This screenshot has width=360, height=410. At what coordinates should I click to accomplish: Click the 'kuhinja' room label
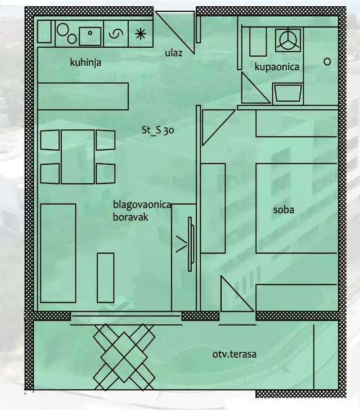[85, 63]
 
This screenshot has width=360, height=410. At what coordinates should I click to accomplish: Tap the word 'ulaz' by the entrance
[174, 53]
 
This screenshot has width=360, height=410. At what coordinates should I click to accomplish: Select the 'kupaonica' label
[277, 67]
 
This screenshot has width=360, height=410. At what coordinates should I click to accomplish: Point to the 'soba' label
[283, 210]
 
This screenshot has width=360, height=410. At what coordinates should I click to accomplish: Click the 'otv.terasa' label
[234, 354]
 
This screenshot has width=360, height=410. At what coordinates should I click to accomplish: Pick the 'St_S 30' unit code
[157, 130]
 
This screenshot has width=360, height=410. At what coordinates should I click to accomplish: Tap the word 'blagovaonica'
[142, 205]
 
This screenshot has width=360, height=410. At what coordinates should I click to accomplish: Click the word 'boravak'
[130, 217]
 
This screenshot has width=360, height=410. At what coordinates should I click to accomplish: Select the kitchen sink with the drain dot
[90, 36]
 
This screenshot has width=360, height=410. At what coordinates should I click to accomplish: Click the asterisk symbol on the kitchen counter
[141, 34]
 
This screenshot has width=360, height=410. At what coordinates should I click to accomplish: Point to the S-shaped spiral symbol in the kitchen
[115, 34]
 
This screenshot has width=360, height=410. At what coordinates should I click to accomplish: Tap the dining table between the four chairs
[78, 156]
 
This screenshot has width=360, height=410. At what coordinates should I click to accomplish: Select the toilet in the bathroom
[287, 93]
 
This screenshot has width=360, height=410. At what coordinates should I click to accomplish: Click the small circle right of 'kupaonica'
[327, 62]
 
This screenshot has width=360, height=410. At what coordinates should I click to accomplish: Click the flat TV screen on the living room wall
[190, 244]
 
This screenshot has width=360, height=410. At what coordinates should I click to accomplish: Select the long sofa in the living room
[58, 253]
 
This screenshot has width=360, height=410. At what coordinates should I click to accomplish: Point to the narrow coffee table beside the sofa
[106, 278]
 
